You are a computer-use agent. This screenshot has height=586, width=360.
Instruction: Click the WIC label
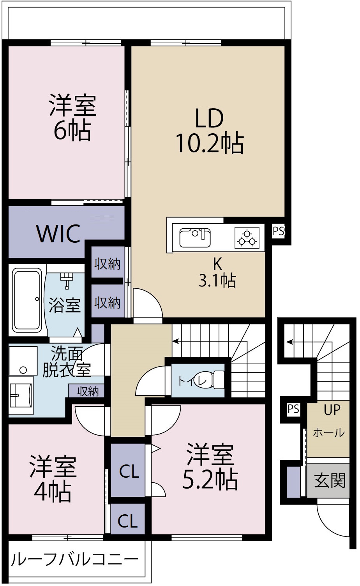[x=58, y=233]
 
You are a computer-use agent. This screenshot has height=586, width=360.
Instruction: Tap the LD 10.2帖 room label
[x=210, y=131]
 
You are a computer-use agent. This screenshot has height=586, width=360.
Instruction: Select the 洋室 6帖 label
[x=72, y=117]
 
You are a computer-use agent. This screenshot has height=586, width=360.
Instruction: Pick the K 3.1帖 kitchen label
[x=217, y=272]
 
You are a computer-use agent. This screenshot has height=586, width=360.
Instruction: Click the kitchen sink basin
[x=195, y=238]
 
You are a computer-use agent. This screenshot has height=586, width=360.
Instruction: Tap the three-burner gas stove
[x=247, y=238]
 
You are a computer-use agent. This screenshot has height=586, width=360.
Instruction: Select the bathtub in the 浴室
[x=27, y=301]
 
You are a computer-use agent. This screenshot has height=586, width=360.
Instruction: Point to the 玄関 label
[x=330, y=480]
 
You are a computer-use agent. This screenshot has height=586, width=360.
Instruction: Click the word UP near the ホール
[x=332, y=410]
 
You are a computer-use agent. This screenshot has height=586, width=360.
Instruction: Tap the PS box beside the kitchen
[x=278, y=231]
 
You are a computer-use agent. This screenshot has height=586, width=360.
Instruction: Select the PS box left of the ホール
[x=293, y=409]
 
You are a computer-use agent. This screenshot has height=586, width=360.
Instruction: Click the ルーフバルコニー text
[x=74, y=559]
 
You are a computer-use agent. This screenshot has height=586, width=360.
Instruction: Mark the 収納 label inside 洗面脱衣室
[x=88, y=391]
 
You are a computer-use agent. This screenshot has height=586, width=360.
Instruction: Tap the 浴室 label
[x=64, y=305]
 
